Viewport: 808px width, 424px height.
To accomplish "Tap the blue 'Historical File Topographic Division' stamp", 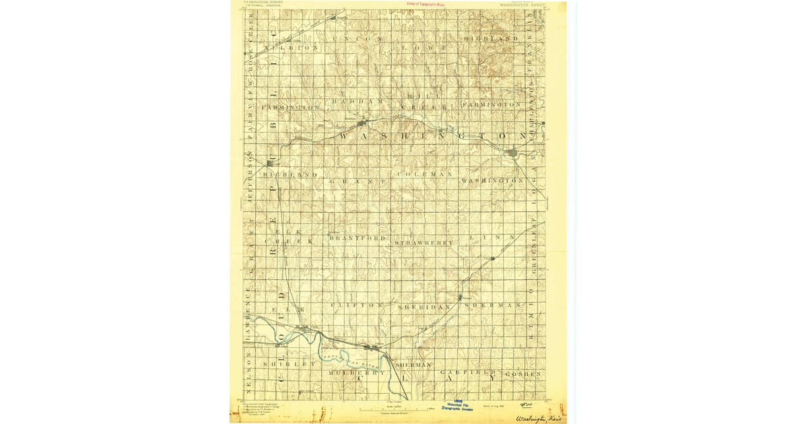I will pos(461,407).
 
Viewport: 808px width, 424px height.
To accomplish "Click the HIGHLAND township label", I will pos(492,39).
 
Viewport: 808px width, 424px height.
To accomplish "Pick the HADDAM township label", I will pos(357,102).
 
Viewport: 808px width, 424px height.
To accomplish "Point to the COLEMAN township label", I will pos(426,174).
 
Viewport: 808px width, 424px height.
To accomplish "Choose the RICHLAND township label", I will pos(290,175).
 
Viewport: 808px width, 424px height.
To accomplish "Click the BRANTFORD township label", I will pos(358,238).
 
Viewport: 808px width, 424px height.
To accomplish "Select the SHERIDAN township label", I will pos(424,307).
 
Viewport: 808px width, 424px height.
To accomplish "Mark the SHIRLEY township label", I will pos(290,364).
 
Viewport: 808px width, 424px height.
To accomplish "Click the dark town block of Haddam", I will pos(363,123).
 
